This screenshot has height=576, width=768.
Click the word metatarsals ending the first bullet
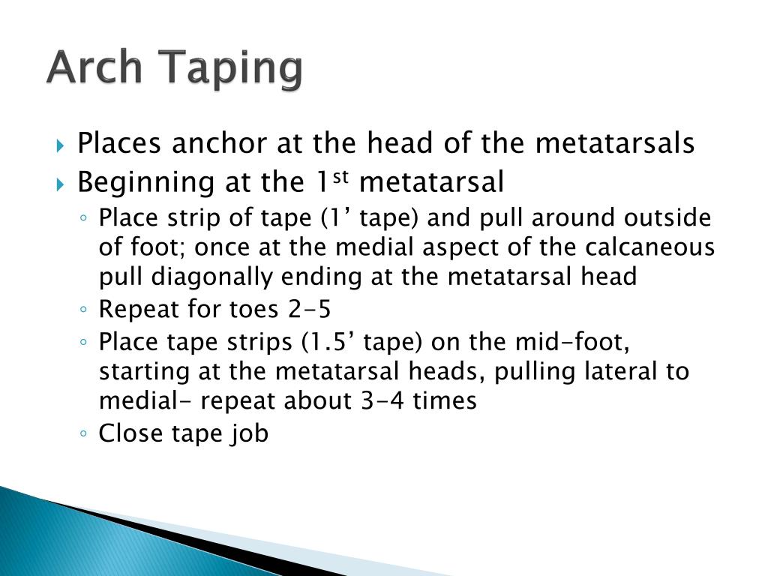point(615,143)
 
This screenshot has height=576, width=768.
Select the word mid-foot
point(569,342)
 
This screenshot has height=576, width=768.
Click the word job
point(247,434)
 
